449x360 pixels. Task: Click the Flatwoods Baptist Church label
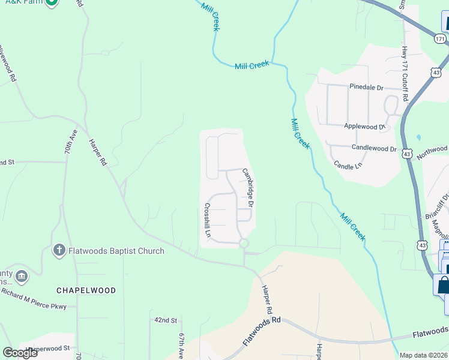pos(116,251)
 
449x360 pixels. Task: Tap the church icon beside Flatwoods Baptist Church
pos(59,250)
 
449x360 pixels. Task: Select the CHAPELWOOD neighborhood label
pos(86,290)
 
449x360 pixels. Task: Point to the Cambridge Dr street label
pos(249,187)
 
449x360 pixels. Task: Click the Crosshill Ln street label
pos(207,220)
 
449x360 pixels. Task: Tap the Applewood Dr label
pos(364,127)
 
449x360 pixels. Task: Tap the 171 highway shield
pos(441,39)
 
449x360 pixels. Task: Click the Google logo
pos(20,353)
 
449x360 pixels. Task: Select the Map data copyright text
pos(424,355)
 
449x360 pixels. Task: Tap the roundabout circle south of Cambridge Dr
pos(244,244)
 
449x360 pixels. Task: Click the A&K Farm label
pos(22,3)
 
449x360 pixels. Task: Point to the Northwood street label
pos(433,151)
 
